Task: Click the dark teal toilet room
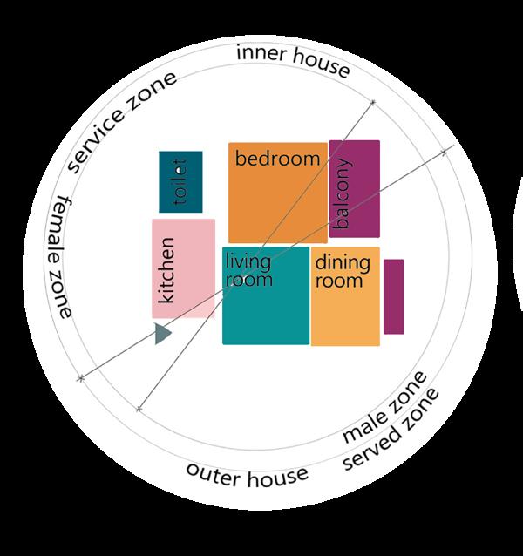(x=180, y=181)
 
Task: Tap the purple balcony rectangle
(x=355, y=188)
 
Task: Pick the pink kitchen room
(x=183, y=268)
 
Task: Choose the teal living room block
(x=266, y=305)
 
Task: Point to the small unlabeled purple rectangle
(x=393, y=296)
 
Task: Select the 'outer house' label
(x=247, y=474)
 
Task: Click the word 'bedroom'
(x=277, y=159)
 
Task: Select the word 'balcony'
(x=343, y=193)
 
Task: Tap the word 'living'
(x=248, y=261)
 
